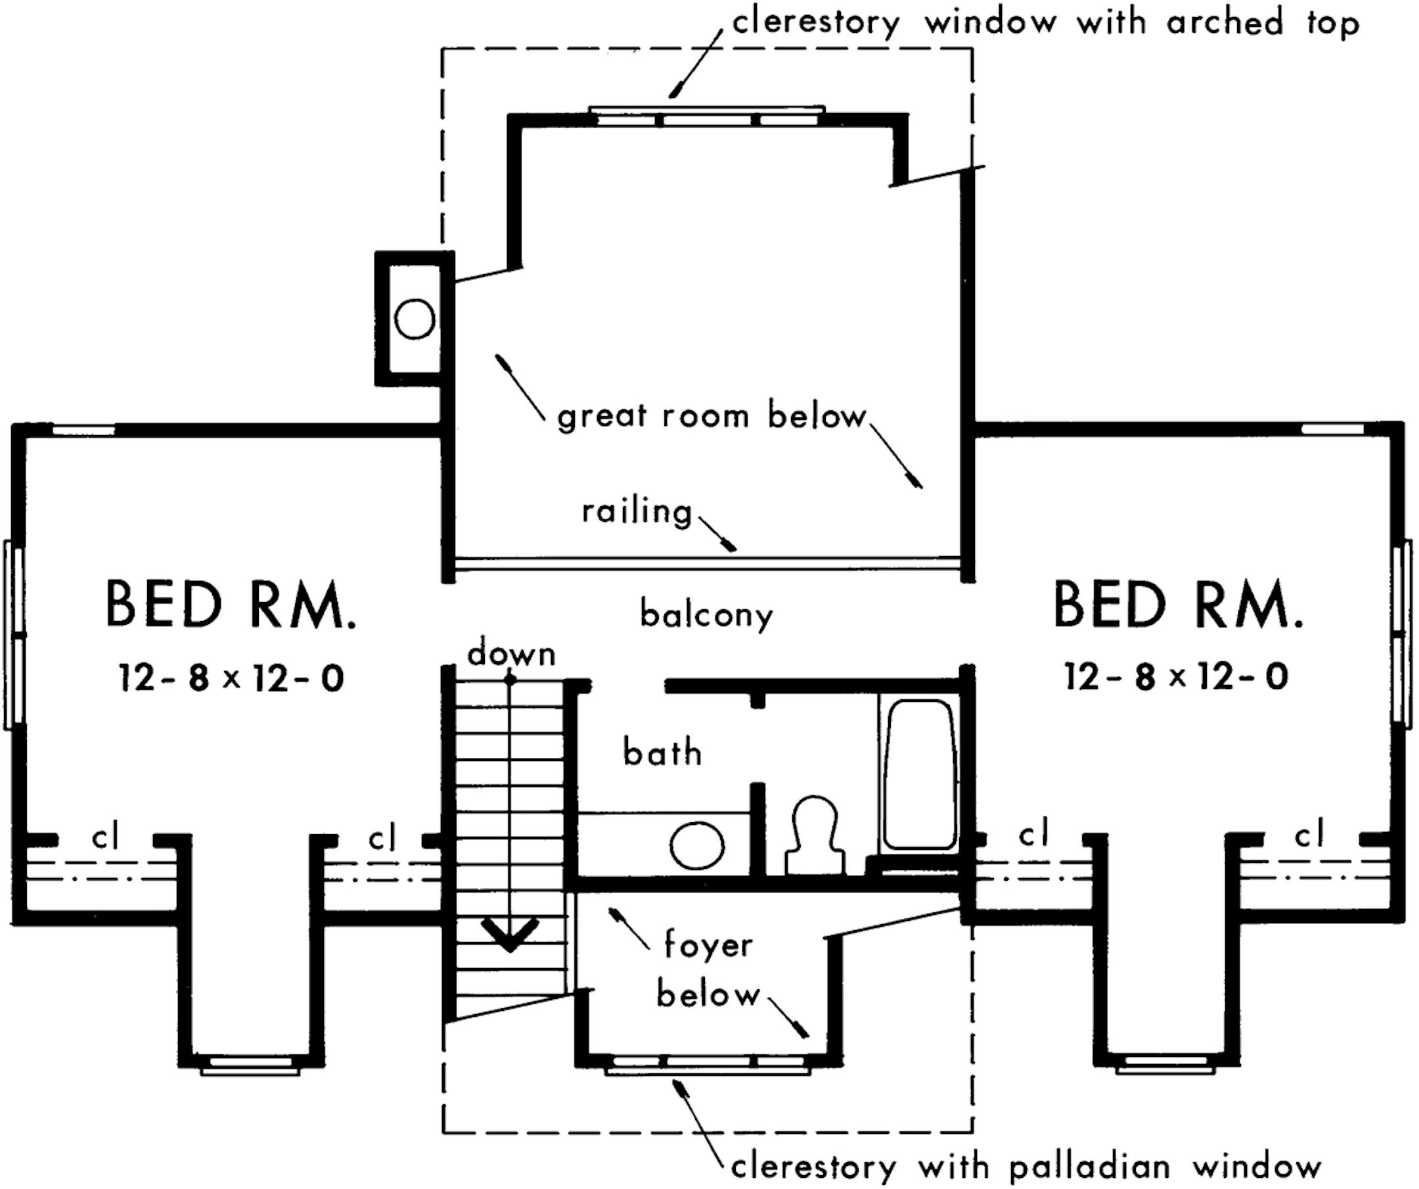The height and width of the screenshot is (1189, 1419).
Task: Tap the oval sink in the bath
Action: [697, 845]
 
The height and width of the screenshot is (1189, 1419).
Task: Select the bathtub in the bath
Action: [919, 774]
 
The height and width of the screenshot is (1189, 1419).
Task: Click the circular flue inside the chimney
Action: [415, 319]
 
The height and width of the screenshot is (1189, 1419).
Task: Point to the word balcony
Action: [706, 615]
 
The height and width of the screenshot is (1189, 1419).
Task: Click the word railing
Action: [637, 513]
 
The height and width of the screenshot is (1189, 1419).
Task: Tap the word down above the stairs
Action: [512, 655]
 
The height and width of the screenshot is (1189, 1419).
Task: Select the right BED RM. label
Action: [1178, 604]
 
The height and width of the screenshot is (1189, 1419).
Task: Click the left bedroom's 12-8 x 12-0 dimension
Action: [231, 678]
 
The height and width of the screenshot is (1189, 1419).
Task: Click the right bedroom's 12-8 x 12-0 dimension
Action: [1177, 676]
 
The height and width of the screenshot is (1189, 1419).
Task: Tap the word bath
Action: [662, 753]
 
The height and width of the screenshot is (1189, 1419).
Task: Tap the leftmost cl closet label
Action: [105, 837]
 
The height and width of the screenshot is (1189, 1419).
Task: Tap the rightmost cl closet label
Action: [1309, 836]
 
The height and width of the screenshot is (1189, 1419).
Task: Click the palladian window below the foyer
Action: [708, 1067]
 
